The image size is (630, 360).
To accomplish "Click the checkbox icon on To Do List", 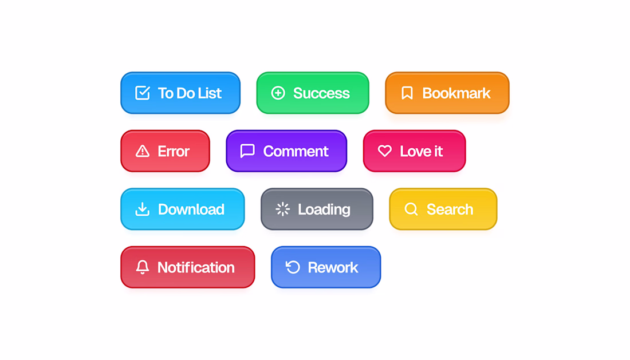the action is tap(143, 93).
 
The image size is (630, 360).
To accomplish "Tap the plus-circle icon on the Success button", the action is tap(278, 93).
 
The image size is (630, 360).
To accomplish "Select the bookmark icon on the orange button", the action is tap(407, 93).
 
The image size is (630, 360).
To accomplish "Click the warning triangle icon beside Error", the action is tap(143, 151).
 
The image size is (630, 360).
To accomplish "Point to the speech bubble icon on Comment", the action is tap(247, 151).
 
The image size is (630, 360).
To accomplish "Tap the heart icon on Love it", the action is tap(384, 151).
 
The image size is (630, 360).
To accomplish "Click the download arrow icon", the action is tap(142, 209).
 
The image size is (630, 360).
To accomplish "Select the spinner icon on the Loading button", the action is tap(282, 209).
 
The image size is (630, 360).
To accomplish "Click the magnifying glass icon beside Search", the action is tap(411, 209).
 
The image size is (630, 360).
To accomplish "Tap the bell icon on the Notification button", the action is tap(142, 267).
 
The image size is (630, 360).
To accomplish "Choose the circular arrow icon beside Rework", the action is tap(293, 267).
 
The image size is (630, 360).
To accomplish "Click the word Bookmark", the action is tap(456, 93).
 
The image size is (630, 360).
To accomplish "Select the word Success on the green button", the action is tap(321, 93).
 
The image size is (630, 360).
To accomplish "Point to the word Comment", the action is tap(296, 151).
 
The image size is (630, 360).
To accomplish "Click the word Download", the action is tap(191, 209).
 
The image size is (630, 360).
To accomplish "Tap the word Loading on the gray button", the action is tap(324, 209).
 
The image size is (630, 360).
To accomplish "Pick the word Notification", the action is tap(196, 267).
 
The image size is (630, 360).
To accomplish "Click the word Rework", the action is tap(333, 267).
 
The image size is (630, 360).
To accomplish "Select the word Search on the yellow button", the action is tap(450, 209).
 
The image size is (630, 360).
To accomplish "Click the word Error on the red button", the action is tap(173, 151).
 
